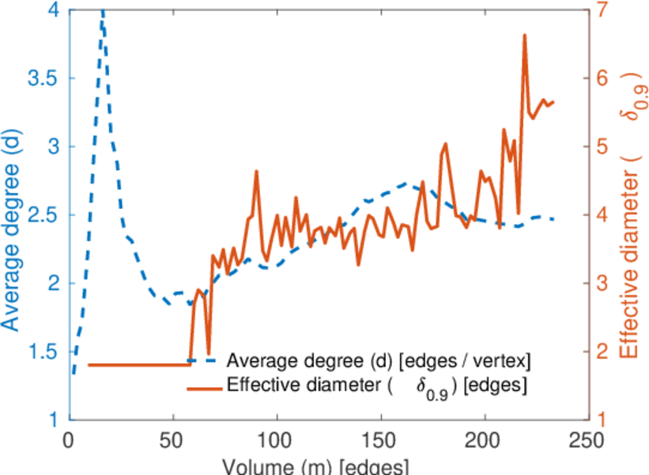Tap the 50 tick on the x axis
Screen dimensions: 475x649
click(172, 439)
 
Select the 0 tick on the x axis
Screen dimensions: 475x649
click(69, 439)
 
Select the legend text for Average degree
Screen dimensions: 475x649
click(378, 361)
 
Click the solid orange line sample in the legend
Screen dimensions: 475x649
click(204, 388)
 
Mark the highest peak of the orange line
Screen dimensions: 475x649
click(524, 36)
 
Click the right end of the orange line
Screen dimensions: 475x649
click(553, 102)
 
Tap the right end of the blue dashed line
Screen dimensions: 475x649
click(553, 218)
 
